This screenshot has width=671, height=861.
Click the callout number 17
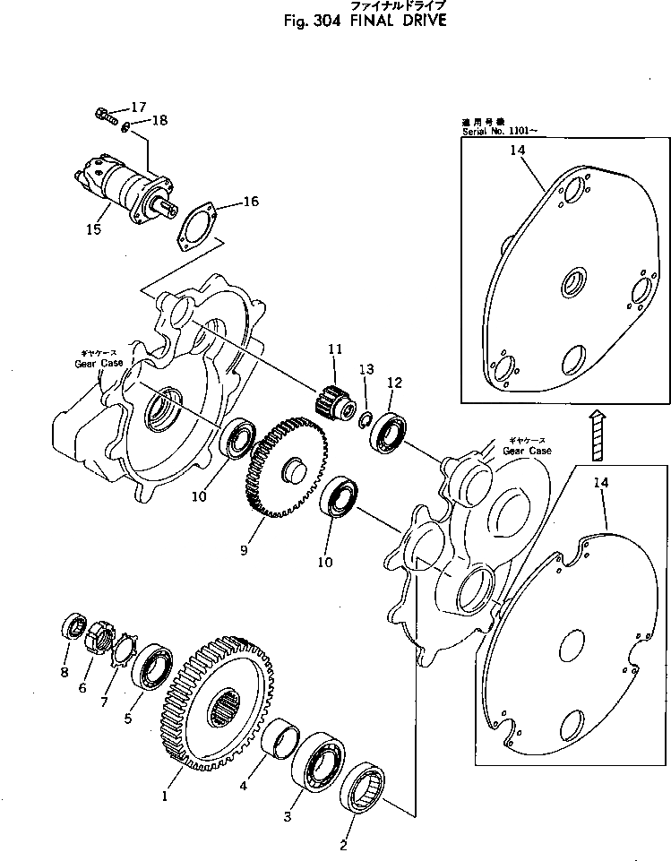(138, 107)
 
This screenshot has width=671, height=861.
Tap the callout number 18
(159, 119)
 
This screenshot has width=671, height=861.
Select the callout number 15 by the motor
(93, 230)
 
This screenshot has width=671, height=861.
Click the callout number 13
(365, 369)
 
